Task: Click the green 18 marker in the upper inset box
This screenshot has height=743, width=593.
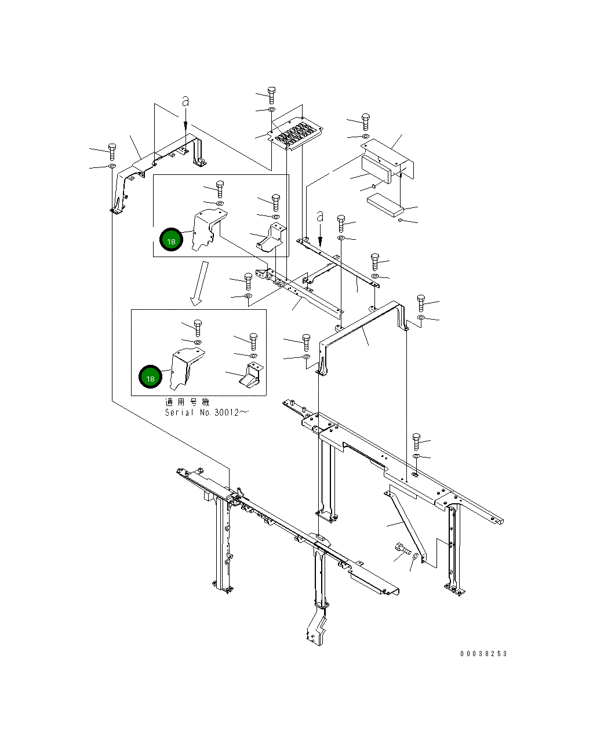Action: point(171,239)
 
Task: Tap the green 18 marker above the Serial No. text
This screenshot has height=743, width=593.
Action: point(150,376)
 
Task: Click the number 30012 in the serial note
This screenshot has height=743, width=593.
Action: point(227,412)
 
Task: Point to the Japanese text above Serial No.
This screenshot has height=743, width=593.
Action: point(187,402)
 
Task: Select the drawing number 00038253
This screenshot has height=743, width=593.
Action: point(483,654)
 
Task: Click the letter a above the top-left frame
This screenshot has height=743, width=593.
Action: point(185,101)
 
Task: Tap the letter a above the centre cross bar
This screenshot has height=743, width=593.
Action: point(320,217)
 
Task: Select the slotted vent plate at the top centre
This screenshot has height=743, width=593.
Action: point(296,133)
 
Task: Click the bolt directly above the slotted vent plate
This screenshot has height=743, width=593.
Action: point(272,96)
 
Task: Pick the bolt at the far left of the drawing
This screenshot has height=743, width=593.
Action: point(112,152)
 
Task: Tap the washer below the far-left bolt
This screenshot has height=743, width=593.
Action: point(112,166)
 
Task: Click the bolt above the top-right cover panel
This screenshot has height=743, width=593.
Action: point(366,122)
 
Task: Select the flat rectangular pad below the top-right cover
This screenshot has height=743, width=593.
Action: point(385,205)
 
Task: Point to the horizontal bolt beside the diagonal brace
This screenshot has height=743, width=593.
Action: point(403,548)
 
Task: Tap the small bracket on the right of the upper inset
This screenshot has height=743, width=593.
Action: point(272,237)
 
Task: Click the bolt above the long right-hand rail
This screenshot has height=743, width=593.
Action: point(416,442)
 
